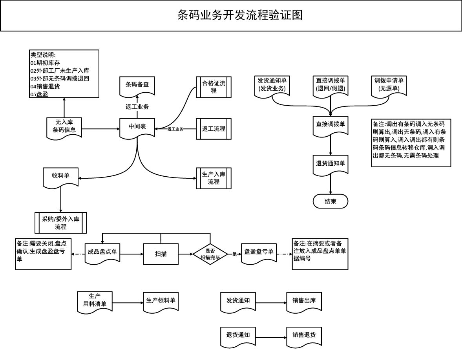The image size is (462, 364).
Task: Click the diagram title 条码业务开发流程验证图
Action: point(240,15)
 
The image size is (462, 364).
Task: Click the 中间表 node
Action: point(137,127)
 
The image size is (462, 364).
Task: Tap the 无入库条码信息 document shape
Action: point(64,126)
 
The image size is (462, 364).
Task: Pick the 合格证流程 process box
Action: point(214,87)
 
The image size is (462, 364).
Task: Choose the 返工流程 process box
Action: point(214,128)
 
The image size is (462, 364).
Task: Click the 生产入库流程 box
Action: point(214,178)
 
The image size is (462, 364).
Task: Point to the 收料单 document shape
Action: point(61,176)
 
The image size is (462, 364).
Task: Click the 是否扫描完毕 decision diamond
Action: point(210,254)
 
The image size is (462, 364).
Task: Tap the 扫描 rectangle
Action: point(161,254)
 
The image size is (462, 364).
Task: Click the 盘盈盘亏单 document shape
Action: point(259,252)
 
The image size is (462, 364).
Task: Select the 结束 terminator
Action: point(331,201)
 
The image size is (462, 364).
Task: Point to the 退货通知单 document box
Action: point(331,164)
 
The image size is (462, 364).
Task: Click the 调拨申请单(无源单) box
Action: point(389,85)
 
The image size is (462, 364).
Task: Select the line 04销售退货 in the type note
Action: point(45,86)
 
